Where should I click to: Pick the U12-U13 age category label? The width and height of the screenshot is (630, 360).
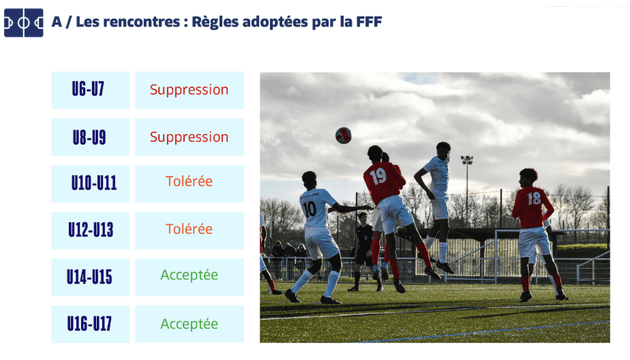coord(91,230)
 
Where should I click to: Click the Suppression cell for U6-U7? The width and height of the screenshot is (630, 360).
coord(190,90)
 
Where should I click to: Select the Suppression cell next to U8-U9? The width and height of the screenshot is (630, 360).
coord(190,137)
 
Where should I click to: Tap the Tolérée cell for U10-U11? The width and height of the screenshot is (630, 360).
coord(190,183)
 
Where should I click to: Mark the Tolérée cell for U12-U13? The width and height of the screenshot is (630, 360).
coord(190,230)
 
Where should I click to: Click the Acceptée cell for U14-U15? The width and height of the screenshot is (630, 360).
coord(190,277)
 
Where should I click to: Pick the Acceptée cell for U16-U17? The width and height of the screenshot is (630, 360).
coord(190,324)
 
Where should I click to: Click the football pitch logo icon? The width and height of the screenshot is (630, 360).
coord(24,23)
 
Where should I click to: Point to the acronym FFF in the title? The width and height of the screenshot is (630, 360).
coord(369,22)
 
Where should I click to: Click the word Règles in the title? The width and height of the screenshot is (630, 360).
coord(215,22)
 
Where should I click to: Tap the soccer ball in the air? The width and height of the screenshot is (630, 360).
coord(344,136)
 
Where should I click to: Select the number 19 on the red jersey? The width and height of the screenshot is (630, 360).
coord(378,177)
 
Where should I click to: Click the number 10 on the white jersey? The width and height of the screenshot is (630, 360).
coord(310,209)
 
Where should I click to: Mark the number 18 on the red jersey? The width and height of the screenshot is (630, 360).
coord(534,198)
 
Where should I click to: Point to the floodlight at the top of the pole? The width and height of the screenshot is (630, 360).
coord(467,160)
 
